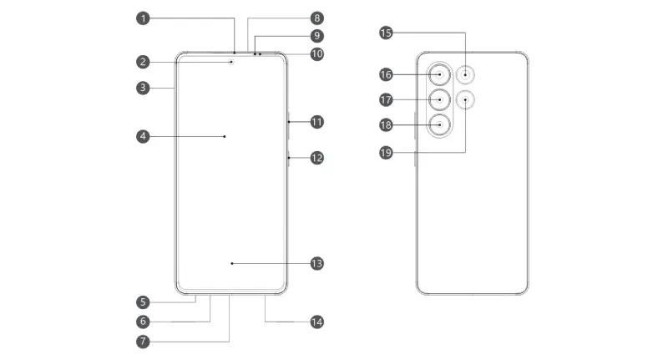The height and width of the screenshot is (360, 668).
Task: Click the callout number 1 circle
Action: [x=144, y=18]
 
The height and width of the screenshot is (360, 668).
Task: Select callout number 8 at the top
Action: [x=316, y=18]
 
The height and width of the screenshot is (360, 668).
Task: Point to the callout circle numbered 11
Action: [x=316, y=122]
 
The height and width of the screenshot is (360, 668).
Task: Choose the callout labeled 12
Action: [x=316, y=157]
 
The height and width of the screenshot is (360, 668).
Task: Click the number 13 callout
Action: [x=316, y=263]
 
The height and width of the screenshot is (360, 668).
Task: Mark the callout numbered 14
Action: [x=316, y=322]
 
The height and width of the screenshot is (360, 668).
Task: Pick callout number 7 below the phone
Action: [x=144, y=341]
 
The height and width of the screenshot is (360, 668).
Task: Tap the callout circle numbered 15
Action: [x=386, y=33]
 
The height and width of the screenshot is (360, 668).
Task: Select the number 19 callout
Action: [x=386, y=153]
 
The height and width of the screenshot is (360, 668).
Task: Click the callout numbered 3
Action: [x=144, y=87]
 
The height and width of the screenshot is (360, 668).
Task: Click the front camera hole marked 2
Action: [x=231, y=60]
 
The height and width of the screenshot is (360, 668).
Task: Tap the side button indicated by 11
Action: [x=288, y=122]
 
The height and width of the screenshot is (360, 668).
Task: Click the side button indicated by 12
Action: [x=288, y=157]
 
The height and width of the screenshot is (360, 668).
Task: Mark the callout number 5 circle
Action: [x=144, y=302]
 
